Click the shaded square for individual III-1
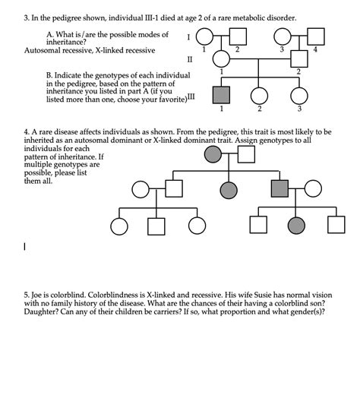[221, 95]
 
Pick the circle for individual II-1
[221, 59]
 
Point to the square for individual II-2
[298, 59]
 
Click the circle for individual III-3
[298, 95]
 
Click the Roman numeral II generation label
[190, 58]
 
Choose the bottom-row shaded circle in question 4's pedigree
[296, 225]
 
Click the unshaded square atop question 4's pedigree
[246, 155]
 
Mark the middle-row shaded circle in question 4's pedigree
[228, 190]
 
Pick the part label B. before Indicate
[49, 76]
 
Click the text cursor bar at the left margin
[25, 246]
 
